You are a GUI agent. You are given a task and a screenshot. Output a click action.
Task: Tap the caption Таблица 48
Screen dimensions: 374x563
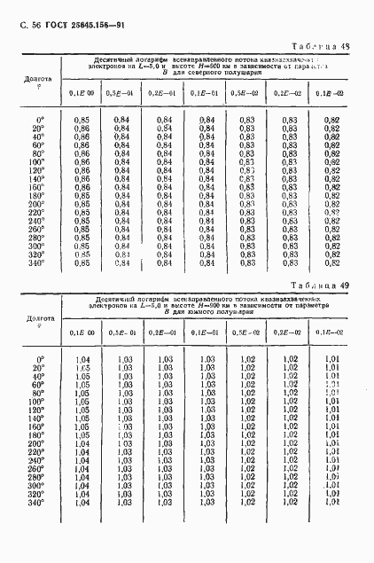click(x=321, y=46)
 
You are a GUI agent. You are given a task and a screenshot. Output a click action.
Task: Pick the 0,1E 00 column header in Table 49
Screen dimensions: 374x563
click(x=82, y=332)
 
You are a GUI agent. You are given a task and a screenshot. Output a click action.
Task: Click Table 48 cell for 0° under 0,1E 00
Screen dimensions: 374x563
click(x=82, y=120)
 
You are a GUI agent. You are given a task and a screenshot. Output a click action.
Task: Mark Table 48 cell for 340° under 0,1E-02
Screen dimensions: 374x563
click(x=332, y=262)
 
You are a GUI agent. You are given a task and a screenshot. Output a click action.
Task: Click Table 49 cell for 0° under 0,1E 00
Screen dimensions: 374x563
click(x=82, y=359)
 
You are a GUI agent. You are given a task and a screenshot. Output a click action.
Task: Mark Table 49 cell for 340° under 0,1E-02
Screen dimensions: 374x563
click(x=332, y=503)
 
